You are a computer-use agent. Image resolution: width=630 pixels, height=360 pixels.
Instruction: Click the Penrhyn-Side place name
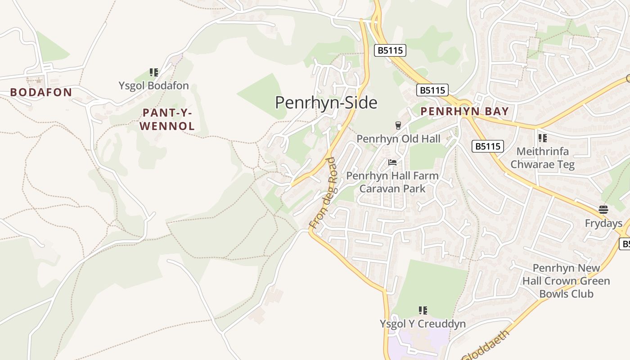click(x=326, y=103)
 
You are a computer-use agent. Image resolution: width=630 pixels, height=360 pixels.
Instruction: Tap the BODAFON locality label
click(x=41, y=93)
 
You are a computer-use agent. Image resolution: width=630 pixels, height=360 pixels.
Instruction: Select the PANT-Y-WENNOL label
click(x=167, y=119)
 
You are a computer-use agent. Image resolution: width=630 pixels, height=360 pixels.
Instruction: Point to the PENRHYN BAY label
click(x=464, y=112)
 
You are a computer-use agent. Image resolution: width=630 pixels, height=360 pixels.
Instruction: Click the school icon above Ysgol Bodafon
click(x=154, y=72)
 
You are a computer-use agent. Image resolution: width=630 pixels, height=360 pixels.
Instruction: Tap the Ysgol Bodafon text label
click(x=154, y=85)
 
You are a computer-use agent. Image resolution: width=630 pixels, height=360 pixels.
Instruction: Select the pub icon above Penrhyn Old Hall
click(x=398, y=125)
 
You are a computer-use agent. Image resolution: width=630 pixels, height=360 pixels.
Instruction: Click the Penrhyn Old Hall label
click(x=398, y=139)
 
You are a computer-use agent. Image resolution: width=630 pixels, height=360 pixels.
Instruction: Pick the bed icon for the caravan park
click(x=392, y=162)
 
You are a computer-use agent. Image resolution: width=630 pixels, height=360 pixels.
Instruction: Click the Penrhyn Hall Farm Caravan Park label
click(x=392, y=182)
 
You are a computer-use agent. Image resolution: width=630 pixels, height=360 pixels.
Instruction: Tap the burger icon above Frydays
click(x=603, y=210)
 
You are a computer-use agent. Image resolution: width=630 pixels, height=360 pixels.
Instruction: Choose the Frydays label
click(x=603, y=223)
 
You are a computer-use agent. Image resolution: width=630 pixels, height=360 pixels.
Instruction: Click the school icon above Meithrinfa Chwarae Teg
click(x=542, y=138)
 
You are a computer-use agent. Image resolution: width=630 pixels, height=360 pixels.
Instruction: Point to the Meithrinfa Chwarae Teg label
click(x=542, y=158)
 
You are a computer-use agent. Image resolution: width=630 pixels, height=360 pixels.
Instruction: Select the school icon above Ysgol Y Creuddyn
click(x=423, y=310)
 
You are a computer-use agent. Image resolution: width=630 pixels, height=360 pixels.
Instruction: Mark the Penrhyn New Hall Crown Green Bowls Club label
click(x=566, y=281)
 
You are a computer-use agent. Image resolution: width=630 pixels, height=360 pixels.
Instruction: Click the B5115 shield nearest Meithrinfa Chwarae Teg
click(x=488, y=146)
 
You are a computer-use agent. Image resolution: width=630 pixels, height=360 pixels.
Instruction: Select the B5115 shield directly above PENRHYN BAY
click(x=432, y=90)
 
